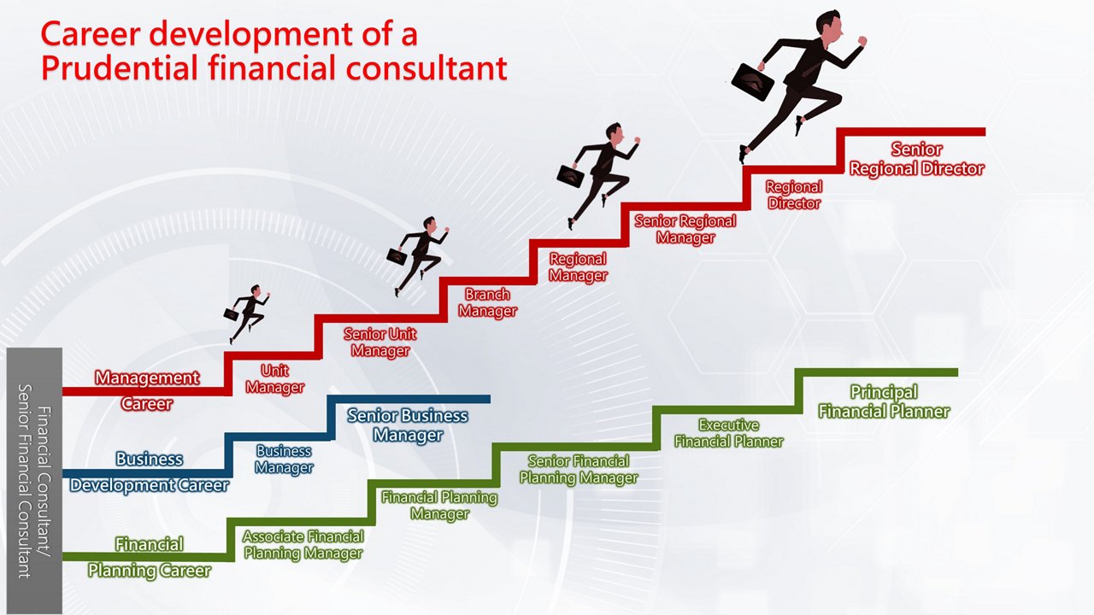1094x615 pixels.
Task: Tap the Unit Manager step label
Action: coord(274,378)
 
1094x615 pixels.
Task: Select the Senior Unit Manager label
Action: coord(380,342)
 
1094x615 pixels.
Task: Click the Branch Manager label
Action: coord(487,303)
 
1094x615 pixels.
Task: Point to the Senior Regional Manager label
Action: coord(685,229)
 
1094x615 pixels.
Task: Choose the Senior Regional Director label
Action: coord(916,159)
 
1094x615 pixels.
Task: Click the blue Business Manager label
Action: coord(284,460)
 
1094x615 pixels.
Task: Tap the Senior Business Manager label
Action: coord(408,425)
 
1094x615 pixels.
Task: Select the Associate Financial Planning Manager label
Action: coord(303,544)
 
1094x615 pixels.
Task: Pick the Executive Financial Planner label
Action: coord(729,433)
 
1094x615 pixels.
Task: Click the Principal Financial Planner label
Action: coord(884,401)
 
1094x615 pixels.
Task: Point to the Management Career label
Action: coord(147,389)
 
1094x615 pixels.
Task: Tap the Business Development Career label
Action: coord(150,471)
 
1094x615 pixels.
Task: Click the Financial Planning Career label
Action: coord(150,557)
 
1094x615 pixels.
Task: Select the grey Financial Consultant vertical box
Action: coord(34,480)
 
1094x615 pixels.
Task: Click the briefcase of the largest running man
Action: coord(753,81)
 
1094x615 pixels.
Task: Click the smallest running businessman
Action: coord(248,313)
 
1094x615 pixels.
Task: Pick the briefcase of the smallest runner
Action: coord(231,314)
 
